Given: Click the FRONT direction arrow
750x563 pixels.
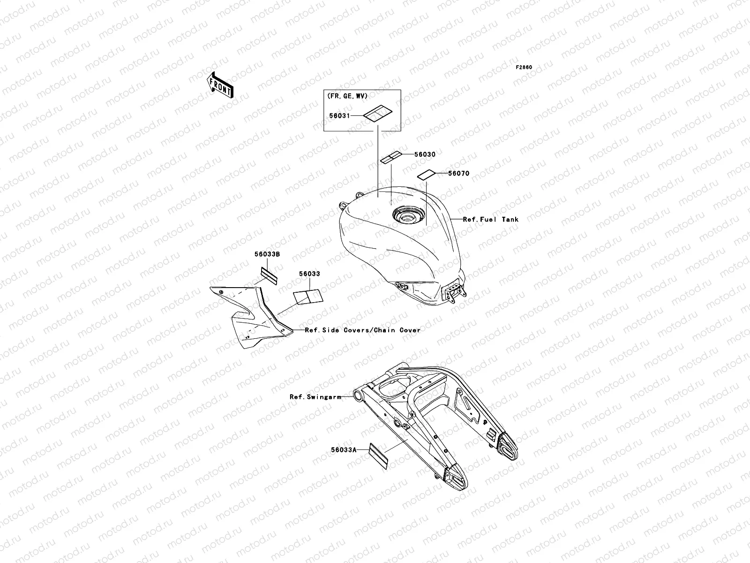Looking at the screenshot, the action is click(x=220, y=85).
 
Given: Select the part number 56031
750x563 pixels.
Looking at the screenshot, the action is click(x=340, y=116).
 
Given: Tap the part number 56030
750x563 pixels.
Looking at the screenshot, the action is click(x=425, y=154).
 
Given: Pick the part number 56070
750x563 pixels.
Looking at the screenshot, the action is click(x=459, y=174).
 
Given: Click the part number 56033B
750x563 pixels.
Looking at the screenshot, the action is click(x=267, y=254).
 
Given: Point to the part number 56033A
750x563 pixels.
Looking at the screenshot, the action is click(x=344, y=450).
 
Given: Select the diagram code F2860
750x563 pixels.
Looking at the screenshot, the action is click(x=524, y=68).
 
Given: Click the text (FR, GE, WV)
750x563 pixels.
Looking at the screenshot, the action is click(x=347, y=96).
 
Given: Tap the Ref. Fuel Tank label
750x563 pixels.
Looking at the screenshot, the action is click(x=491, y=220).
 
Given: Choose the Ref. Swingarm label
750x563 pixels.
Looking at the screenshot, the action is click(x=315, y=397).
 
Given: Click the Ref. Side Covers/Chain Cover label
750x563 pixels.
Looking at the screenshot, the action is click(x=362, y=330).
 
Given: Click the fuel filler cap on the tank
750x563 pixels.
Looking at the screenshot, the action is click(x=409, y=215).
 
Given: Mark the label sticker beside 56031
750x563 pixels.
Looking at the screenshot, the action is click(x=377, y=114).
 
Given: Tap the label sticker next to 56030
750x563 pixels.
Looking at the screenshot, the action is click(x=391, y=157).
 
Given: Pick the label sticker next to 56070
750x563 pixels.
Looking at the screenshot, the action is click(x=427, y=175).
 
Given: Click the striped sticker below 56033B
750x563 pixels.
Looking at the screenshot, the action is click(x=269, y=276).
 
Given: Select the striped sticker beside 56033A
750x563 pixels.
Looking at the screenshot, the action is click(x=378, y=456).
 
